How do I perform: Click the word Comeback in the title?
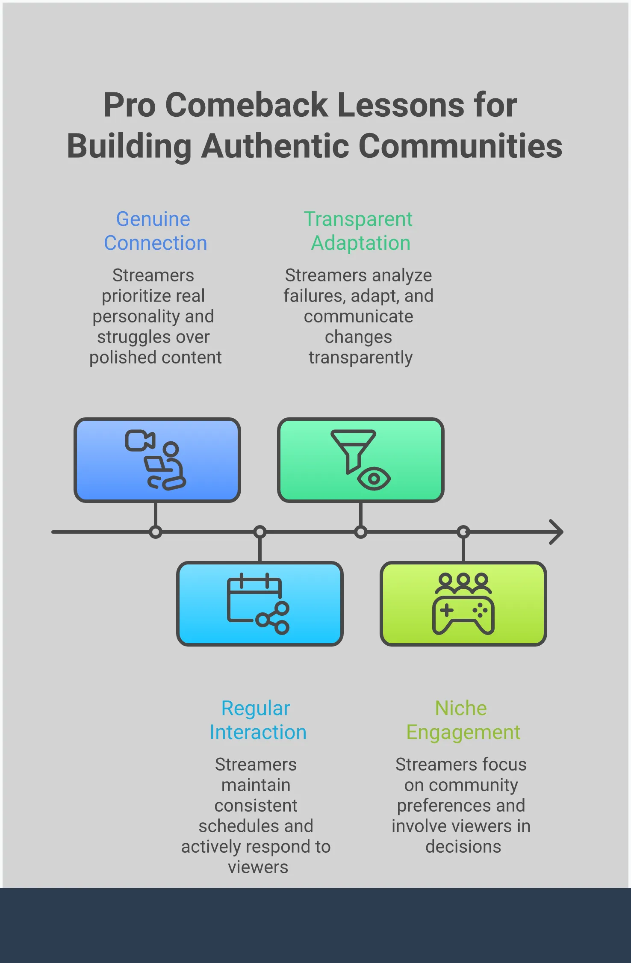point(246,105)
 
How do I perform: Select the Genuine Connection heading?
point(155,231)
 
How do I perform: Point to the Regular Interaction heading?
point(257,720)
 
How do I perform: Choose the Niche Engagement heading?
point(463,720)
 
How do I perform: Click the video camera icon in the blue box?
point(139,440)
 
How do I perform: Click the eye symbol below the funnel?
point(374,479)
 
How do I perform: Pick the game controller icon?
point(463,614)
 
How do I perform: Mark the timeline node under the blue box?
point(156,532)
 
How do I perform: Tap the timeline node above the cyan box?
point(260,532)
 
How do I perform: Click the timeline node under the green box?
point(361,532)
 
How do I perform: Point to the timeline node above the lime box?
point(463,532)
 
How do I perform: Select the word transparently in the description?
point(360,357)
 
